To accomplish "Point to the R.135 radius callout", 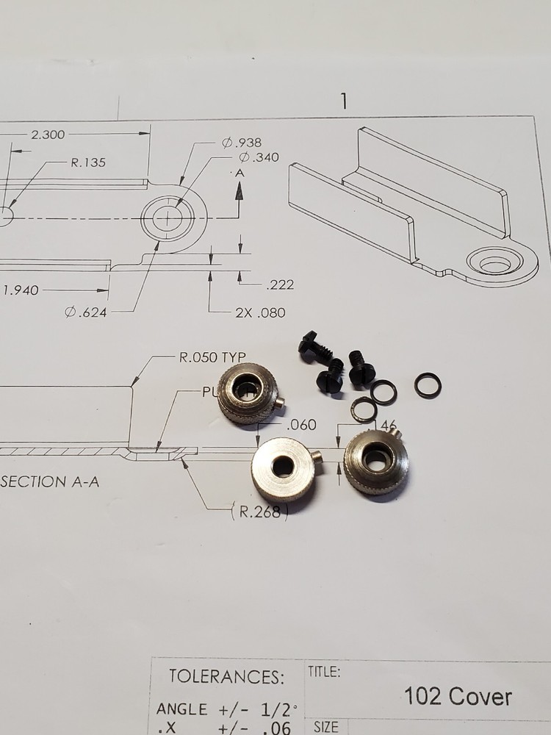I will [x=88, y=162].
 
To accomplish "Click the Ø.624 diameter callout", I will [x=86, y=312].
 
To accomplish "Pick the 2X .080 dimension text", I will [x=260, y=312].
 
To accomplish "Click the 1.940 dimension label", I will [x=20, y=290].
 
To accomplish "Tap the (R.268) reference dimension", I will [x=257, y=512].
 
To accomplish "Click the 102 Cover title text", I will [x=458, y=696].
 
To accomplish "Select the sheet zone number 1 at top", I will [x=343, y=101].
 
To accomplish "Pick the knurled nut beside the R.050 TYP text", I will [x=248, y=392].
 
